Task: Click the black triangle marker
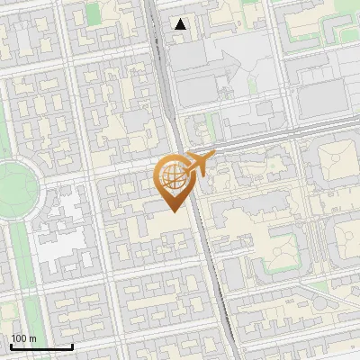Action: point(181,24)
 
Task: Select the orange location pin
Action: point(175,181)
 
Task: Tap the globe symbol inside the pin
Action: point(174,175)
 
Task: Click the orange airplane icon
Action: point(197,163)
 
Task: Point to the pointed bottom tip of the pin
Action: point(174,211)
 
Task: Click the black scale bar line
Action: point(41,346)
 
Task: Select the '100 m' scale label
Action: point(23,338)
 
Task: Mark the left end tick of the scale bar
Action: point(11,345)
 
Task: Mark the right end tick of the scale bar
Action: point(72,345)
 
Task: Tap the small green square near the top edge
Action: point(94,13)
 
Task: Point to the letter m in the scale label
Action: point(32,338)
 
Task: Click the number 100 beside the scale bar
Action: point(19,338)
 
